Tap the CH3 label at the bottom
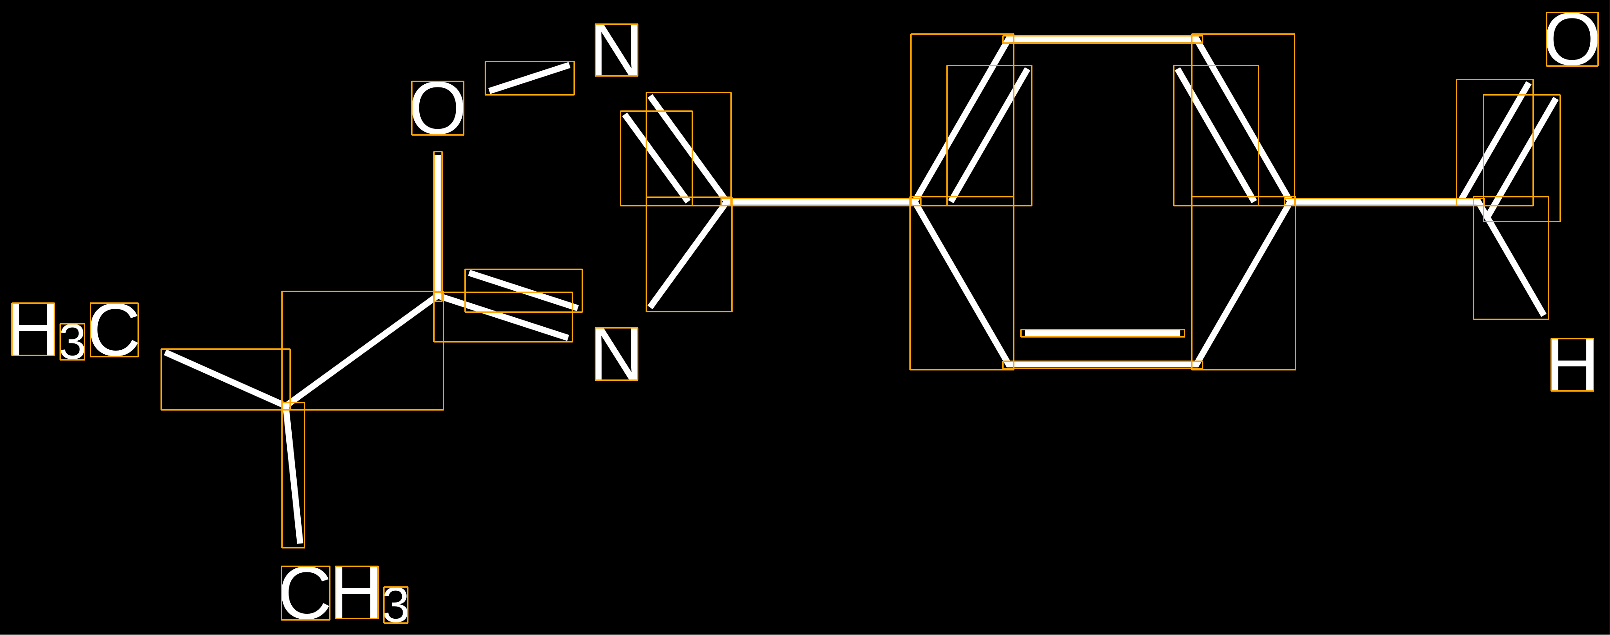[344, 594]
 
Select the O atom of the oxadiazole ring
[437, 108]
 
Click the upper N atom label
[616, 50]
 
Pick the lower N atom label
[616, 354]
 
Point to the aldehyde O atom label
[1572, 39]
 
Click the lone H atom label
[1572, 365]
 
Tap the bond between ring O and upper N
[529, 78]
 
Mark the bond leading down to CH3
[293, 475]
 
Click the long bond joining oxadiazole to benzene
[821, 202]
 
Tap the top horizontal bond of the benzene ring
[1102, 39]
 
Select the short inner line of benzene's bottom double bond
[1102, 333]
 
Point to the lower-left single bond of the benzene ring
[961, 283]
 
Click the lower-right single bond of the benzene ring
[1244, 283]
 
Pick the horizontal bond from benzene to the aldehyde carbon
[1385, 202]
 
